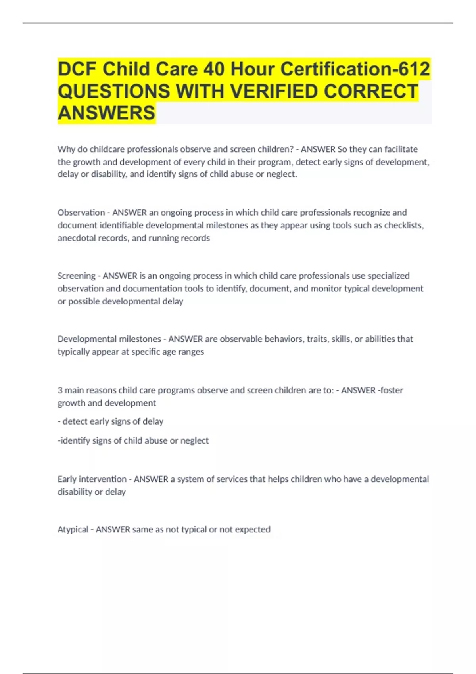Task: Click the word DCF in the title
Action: point(77,69)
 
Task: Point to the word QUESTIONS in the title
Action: point(114,91)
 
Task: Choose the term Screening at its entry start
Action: point(76,276)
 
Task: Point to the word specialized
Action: point(388,276)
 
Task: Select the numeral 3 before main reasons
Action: point(60,390)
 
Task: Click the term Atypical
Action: point(73,530)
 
